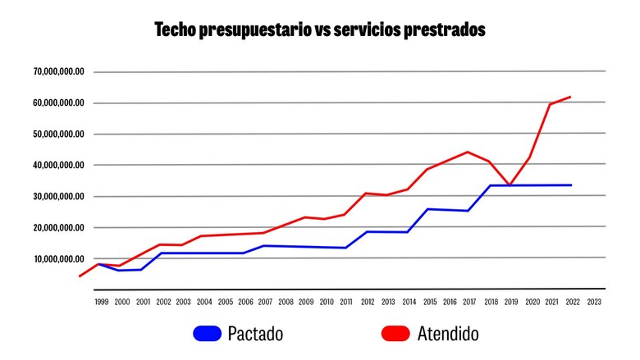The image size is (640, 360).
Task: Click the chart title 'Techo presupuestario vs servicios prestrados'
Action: (320, 30)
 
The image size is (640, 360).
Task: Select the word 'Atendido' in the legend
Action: (446, 334)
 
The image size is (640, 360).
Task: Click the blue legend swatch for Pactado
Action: (207, 334)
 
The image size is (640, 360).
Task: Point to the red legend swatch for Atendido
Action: (396, 334)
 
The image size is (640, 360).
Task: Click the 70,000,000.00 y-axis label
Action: (59, 72)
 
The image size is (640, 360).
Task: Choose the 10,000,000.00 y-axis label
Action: (59, 259)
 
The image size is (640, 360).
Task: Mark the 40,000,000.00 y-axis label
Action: (59, 166)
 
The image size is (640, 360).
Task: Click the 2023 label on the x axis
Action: (593, 302)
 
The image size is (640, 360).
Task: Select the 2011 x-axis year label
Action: (346, 302)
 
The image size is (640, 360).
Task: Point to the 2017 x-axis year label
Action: (469, 302)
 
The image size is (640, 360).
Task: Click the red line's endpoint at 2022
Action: (570, 97)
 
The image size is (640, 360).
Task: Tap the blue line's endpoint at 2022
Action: (570, 185)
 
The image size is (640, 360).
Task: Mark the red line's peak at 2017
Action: (467, 152)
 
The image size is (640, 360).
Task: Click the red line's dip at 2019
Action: (510, 185)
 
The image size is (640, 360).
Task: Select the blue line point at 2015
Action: (427, 209)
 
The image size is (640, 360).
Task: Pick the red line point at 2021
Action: (550, 104)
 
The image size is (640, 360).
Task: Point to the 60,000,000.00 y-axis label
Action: (59, 103)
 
